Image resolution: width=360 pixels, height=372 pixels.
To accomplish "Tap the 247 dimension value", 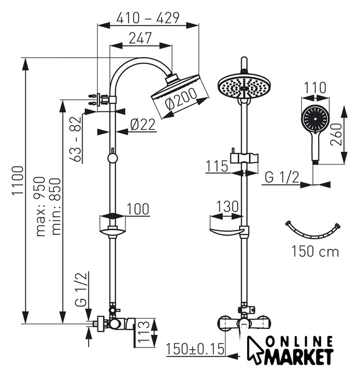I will click(140, 39).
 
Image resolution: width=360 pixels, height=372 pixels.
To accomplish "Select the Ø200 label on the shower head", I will click(180, 103).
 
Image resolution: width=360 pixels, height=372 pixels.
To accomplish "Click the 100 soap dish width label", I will click(137, 209).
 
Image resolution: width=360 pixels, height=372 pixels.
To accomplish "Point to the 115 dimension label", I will click(216, 166).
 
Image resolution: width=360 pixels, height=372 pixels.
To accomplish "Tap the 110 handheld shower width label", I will click(315, 88).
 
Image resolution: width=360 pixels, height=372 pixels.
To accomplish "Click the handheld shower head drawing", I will click(315, 125).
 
